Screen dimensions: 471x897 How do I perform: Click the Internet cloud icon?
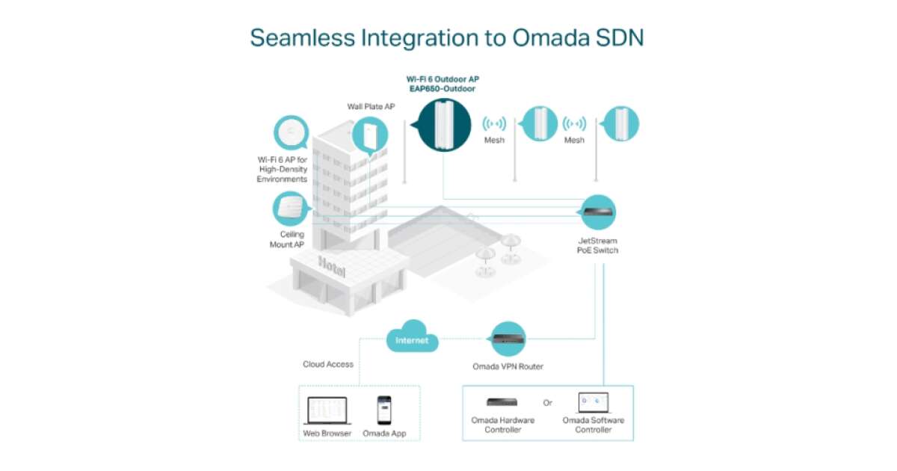(412, 338)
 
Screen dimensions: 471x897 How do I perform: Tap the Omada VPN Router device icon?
(508, 339)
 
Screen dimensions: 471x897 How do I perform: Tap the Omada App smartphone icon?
(384, 410)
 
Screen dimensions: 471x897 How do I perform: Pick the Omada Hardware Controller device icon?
(502, 402)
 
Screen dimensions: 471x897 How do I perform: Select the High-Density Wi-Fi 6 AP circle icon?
(292, 133)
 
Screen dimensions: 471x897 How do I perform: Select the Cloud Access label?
(328, 364)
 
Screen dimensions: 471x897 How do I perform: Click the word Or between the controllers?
(548, 403)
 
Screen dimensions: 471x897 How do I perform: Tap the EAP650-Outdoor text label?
(441, 88)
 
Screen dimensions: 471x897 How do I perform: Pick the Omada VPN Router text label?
(508, 366)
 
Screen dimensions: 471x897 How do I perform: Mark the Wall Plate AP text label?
(371, 107)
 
